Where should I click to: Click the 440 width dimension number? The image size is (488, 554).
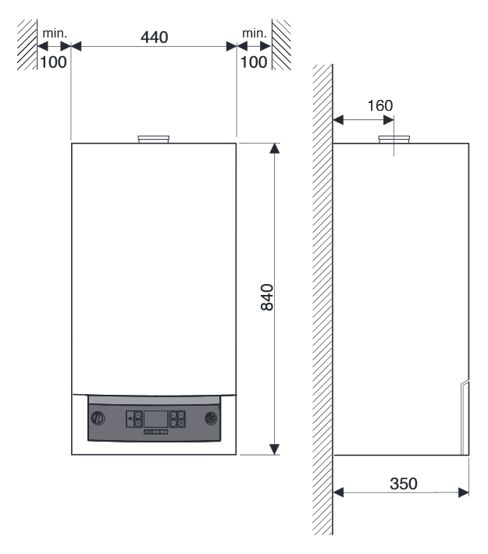tap(154, 37)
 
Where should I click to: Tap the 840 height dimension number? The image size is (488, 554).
tap(267, 297)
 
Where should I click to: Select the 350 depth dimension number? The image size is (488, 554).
tap(404, 484)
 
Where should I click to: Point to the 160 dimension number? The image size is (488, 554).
tap(380, 105)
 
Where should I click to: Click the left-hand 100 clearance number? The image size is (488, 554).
tap(53, 62)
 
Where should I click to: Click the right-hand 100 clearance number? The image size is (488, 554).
tap(254, 62)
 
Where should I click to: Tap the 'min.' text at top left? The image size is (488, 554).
tap(55, 34)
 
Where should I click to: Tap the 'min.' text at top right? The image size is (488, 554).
tap(255, 34)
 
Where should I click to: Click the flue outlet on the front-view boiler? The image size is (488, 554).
tap(154, 139)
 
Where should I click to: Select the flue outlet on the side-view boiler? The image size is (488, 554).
tap(394, 139)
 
